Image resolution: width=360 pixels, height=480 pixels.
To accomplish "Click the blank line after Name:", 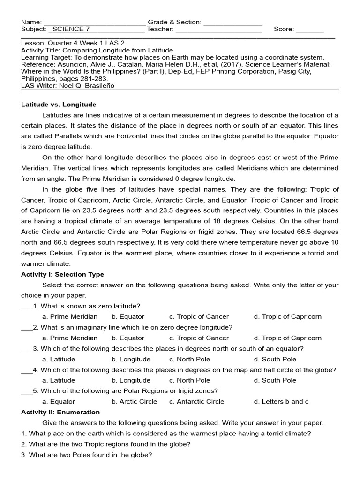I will click(94, 22).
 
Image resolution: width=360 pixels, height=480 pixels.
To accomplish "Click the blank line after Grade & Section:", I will click(233, 22).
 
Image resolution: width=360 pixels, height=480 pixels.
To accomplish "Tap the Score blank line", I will click(310, 30).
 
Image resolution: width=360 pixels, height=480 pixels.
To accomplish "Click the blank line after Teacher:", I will click(218, 30).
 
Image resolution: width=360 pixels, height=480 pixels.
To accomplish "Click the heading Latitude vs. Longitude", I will click(59, 105).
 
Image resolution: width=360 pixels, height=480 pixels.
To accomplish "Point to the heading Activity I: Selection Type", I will click(62, 274).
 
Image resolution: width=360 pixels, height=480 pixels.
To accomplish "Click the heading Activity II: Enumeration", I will click(60, 412).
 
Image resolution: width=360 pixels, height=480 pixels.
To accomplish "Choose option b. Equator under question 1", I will click(128, 316).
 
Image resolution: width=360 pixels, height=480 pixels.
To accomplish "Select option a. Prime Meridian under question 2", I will click(70, 337).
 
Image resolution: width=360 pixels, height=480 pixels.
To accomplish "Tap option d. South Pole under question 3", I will click(275, 359).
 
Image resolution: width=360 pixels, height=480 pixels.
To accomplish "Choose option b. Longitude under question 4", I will click(131, 380).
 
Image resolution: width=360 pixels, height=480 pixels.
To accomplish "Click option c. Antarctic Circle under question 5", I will click(197, 401).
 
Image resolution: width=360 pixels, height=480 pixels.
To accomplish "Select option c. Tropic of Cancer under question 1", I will click(199, 316).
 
